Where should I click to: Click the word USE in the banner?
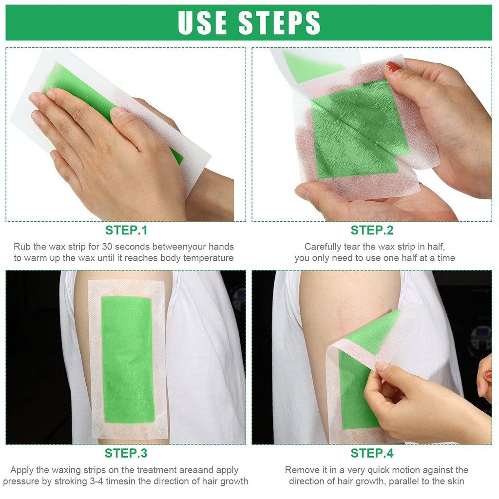(x=202, y=22)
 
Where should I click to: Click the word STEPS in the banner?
(x=279, y=22)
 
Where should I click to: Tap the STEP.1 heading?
(x=126, y=230)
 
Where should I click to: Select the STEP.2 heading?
(x=372, y=230)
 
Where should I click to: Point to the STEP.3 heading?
(x=126, y=453)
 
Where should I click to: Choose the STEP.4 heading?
(x=372, y=453)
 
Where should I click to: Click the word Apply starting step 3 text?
(x=22, y=470)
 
